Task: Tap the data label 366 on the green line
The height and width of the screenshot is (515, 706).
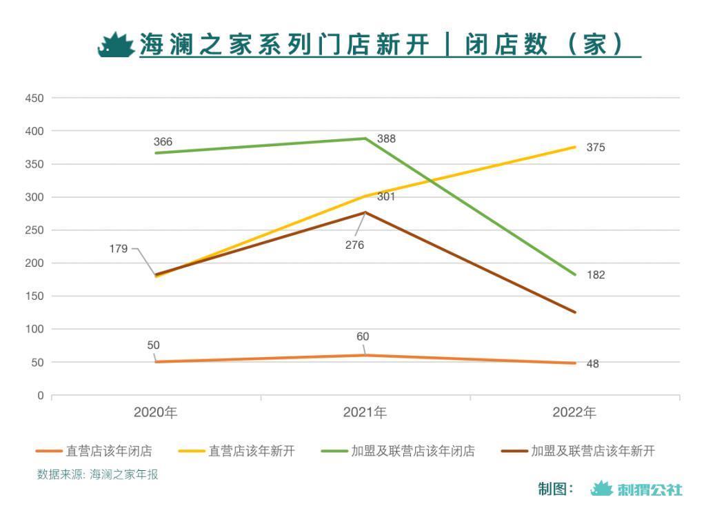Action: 163,142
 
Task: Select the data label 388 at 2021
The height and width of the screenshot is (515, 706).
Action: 386,139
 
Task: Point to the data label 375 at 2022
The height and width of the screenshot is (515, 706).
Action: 596,148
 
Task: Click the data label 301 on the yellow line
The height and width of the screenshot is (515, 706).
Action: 386,197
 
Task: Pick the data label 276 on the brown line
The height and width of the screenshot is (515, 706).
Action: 354,245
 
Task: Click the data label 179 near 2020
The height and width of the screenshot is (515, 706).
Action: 119,249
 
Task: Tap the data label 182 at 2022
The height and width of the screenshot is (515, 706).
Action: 596,275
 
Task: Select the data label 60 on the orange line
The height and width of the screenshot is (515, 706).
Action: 363,337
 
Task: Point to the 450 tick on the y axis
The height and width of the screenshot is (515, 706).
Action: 34,99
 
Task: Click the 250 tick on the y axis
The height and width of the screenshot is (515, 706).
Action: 34,230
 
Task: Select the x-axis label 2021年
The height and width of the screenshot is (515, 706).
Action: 365,413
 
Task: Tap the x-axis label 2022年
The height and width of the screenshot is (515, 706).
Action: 574,413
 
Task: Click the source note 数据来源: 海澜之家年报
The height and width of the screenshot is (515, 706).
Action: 97,474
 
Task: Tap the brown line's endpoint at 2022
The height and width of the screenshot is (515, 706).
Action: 575,312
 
